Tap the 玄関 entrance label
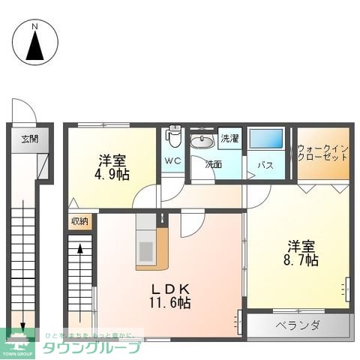[x=30, y=139]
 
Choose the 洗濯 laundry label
[x=229, y=139]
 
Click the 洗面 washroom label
[x=214, y=163]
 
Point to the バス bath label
[x=265, y=164]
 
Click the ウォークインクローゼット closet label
[x=322, y=152]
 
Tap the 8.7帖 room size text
[x=299, y=260]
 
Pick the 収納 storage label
[x=79, y=220]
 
